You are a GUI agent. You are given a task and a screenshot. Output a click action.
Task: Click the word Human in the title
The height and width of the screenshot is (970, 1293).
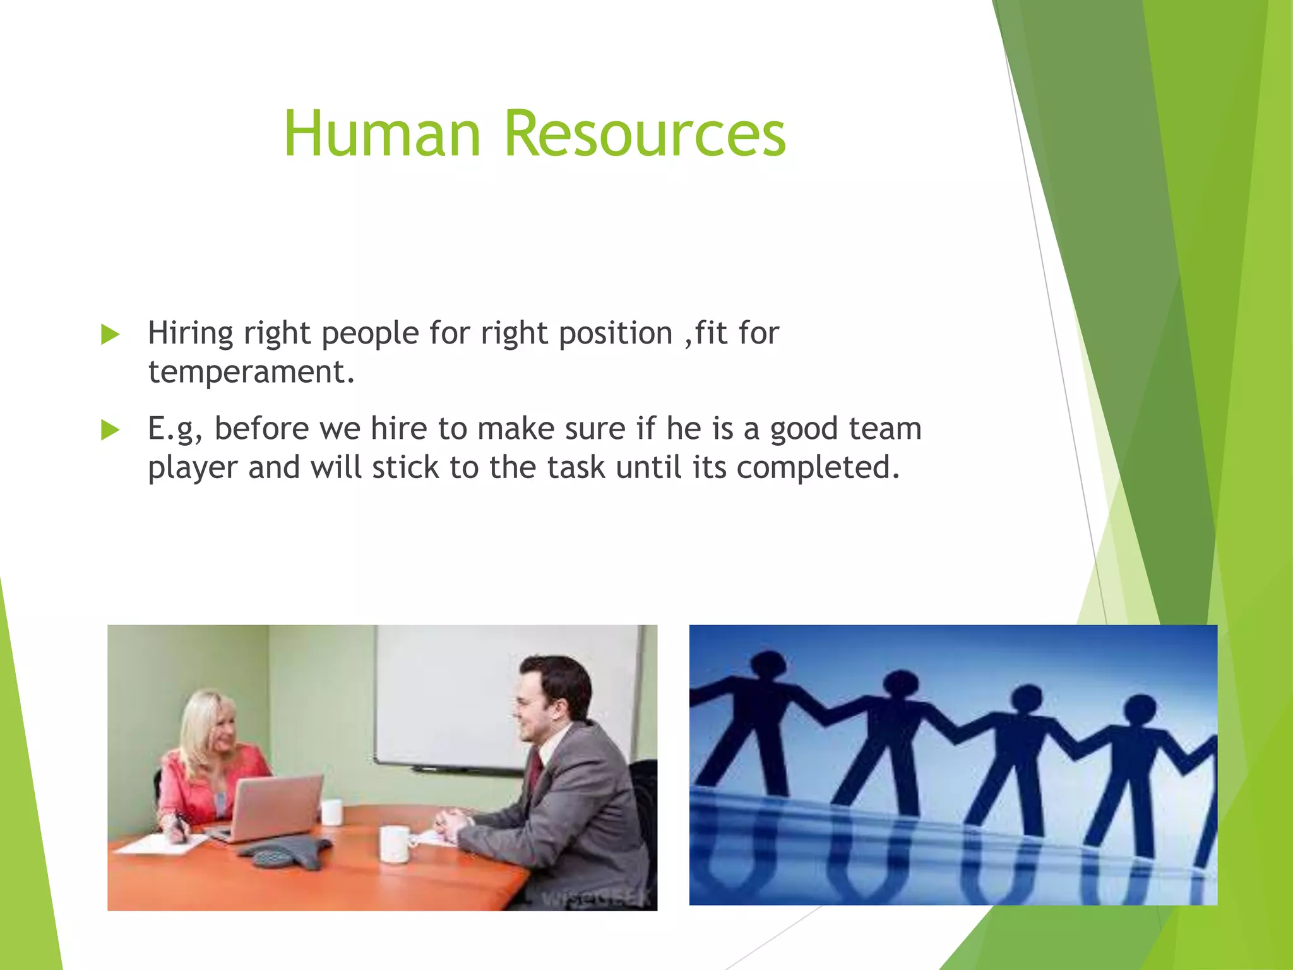tap(382, 134)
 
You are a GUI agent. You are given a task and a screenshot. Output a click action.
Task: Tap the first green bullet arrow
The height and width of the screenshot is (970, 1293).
tap(110, 334)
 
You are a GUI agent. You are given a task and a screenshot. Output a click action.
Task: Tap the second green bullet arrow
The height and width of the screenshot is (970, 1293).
tap(110, 430)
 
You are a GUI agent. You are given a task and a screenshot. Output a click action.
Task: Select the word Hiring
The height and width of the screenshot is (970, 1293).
tap(190, 333)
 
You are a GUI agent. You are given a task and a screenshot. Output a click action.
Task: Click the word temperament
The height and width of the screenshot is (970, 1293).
tap(251, 371)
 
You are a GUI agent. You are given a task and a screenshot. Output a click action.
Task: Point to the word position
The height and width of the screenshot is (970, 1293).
tap(616, 333)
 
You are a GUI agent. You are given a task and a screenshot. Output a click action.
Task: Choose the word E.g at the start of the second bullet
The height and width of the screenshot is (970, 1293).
tap(174, 429)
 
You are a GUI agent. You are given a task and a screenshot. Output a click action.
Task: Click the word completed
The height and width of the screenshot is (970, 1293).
tap(818, 467)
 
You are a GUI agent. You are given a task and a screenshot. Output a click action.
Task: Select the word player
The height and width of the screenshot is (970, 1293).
tap(193, 469)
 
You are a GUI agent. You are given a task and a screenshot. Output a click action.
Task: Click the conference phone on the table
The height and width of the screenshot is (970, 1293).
tap(287, 853)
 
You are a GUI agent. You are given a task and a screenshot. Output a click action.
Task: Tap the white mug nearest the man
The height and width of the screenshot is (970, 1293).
tap(395, 844)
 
